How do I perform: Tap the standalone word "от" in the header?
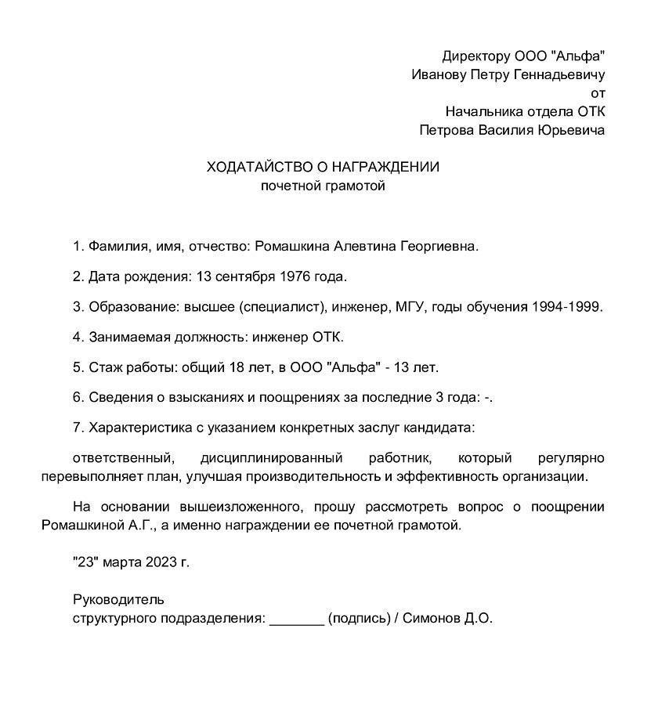coord(598,93)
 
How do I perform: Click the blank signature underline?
coord(296,619)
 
